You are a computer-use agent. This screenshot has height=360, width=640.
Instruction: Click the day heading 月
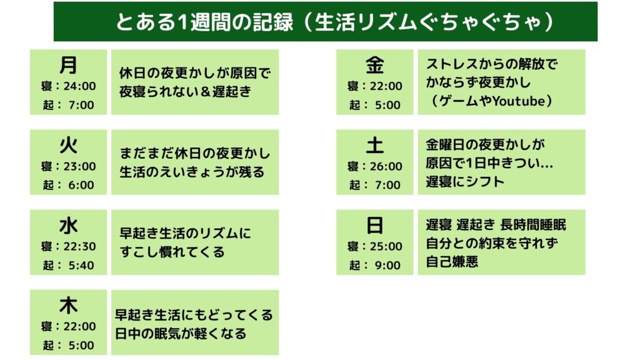pos(68,64)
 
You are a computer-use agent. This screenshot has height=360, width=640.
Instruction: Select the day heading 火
pos(68,145)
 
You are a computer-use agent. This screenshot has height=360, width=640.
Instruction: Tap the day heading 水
pos(68,225)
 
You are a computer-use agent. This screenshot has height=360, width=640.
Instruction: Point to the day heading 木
pos(68,305)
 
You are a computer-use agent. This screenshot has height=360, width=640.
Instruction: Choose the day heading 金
pos(375,64)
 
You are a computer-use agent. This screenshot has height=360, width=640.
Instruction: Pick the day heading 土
pos(375,145)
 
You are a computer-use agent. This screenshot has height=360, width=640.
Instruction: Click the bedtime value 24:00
pos(79,86)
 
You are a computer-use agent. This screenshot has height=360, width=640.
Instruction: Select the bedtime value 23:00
pos(79,166)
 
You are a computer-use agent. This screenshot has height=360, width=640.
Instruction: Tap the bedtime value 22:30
pos(79,246)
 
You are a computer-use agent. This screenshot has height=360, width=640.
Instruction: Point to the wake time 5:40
pos(81,265)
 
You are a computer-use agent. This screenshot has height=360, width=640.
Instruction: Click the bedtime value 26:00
pos(386,166)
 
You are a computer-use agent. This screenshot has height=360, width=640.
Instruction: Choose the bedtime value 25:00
pos(386,246)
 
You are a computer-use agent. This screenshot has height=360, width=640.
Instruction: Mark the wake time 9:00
pos(387,265)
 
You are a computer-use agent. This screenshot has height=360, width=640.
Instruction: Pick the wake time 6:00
pos(81,185)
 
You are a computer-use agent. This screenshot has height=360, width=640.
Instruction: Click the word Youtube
pos(518,101)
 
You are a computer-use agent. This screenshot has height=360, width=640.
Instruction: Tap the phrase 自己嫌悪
pos(452,262)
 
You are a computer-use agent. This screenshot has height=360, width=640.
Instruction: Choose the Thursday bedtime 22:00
pos(79,326)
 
